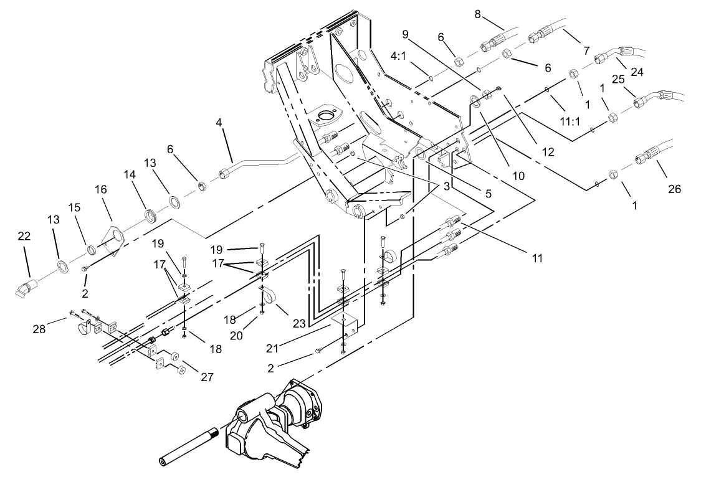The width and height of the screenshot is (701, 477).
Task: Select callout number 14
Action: pos(130,175)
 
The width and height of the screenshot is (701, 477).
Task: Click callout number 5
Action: pos(489,194)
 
